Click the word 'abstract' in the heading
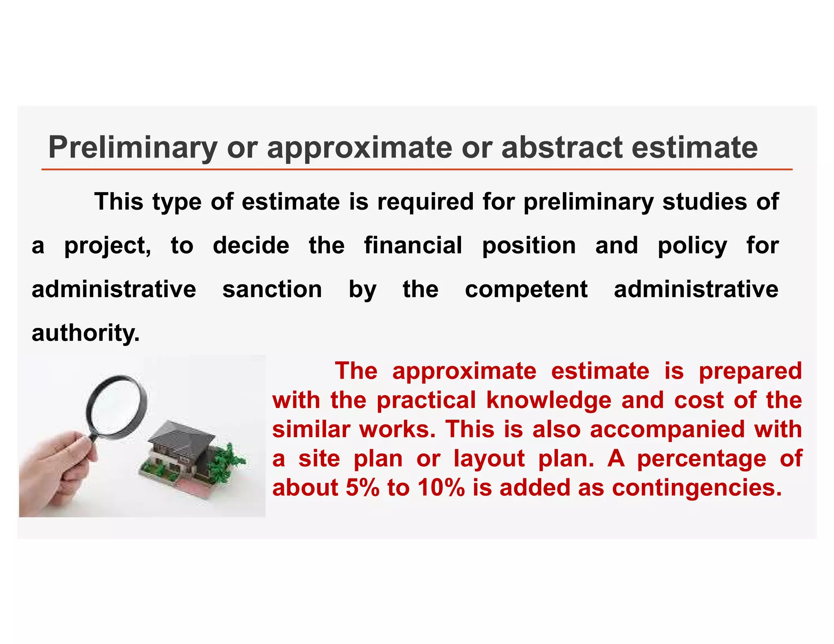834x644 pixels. (x=562, y=147)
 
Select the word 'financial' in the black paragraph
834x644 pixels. (x=413, y=245)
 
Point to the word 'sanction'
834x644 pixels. (x=272, y=289)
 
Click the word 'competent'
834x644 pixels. (x=526, y=290)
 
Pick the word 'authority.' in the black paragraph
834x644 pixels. (x=86, y=333)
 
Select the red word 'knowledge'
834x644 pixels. (x=549, y=401)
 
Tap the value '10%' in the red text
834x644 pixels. (x=441, y=488)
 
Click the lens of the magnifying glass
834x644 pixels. (x=116, y=407)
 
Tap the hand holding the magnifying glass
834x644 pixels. (x=57, y=472)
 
